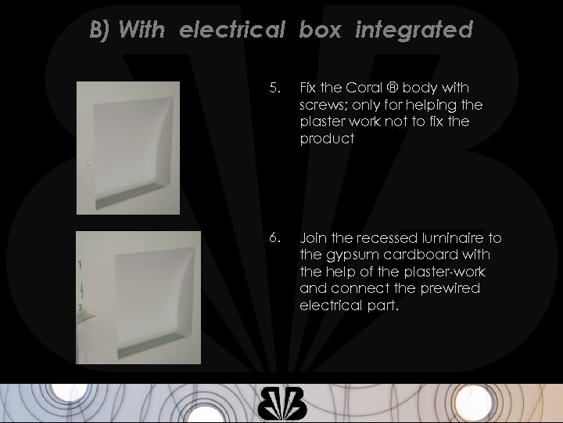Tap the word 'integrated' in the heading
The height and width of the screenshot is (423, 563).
tap(414, 31)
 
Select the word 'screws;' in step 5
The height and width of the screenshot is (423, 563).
tap(325, 106)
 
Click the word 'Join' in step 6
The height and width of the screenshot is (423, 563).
tap(314, 238)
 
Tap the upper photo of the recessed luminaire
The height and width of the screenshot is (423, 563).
tap(127, 146)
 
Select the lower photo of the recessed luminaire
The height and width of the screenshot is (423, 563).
tap(127, 297)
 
